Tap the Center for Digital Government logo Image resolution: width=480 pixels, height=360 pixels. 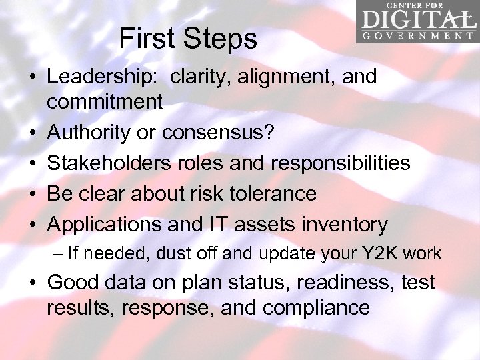417,22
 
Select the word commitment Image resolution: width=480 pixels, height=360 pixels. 105,101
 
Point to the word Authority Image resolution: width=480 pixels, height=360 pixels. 89,133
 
